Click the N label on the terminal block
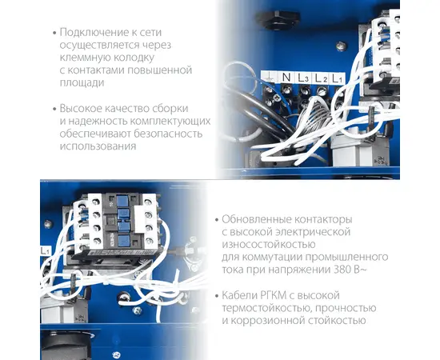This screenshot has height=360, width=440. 286,77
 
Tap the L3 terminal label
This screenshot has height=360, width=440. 303,78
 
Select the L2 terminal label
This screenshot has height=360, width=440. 321,78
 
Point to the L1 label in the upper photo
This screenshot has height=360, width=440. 337,78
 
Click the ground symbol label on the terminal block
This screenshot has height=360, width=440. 270,77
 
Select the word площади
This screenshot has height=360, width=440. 82,83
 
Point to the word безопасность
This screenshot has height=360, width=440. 167,134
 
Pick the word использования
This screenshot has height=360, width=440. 98,146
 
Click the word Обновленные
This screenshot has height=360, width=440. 256,219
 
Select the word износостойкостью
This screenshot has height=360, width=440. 269,244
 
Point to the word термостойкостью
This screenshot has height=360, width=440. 266,308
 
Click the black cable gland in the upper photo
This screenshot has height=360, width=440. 278,19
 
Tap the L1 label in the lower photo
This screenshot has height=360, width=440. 45,251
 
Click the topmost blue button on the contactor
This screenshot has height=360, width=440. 122,201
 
